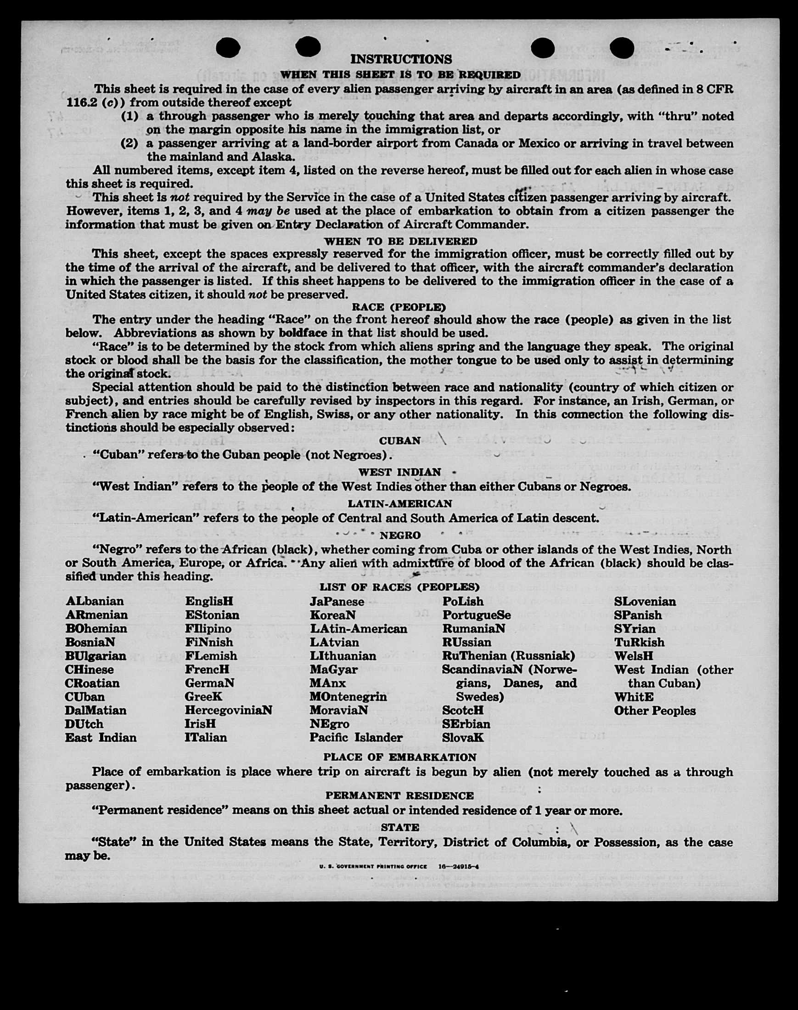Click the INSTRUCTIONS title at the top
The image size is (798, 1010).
(401, 59)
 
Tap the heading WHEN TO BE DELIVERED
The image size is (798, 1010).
(400, 241)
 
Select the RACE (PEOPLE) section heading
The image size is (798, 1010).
(399, 307)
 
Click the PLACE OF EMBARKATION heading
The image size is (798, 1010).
(399, 756)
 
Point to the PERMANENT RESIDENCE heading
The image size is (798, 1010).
(399, 796)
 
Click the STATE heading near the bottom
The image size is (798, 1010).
(399, 827)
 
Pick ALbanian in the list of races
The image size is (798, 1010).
(95, 601)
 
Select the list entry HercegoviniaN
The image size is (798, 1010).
(229, 710)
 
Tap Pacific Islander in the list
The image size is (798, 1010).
(355, 738)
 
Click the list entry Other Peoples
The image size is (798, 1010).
(655, 711)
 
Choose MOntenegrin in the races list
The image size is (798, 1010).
(348, 696)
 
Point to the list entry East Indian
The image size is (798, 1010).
(101, 738)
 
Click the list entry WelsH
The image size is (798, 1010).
(634, 656)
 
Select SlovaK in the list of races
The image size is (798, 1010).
(463, 738)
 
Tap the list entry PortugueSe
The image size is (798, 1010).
(477, 615)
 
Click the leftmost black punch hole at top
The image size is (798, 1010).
(229, 48)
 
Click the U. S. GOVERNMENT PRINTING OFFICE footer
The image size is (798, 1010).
(373, 866)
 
